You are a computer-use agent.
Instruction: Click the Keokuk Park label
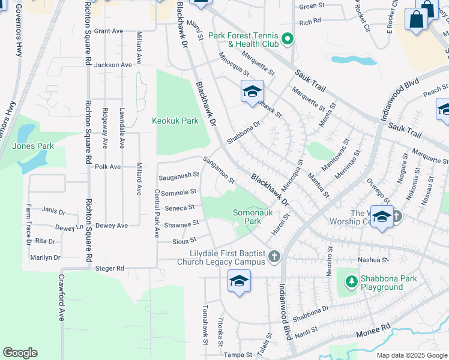click(x=175, y=121)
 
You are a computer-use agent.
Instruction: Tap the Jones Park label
click(x=33, y=146)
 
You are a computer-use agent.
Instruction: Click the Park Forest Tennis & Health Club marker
click(x=287, y=40)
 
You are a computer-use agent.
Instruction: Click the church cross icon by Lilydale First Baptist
click(x=274, y=257)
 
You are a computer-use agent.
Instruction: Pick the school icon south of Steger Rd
click(x=239, y=281)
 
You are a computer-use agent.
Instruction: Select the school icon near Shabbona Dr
click(x=253, y=91)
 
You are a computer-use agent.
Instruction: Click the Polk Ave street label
click(x=108, y=167)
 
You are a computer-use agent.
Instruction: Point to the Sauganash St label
click(x=178, y=175)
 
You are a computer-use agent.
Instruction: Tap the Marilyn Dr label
click(x=46, y=257)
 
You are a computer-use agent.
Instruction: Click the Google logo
click(x=20, y=353)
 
